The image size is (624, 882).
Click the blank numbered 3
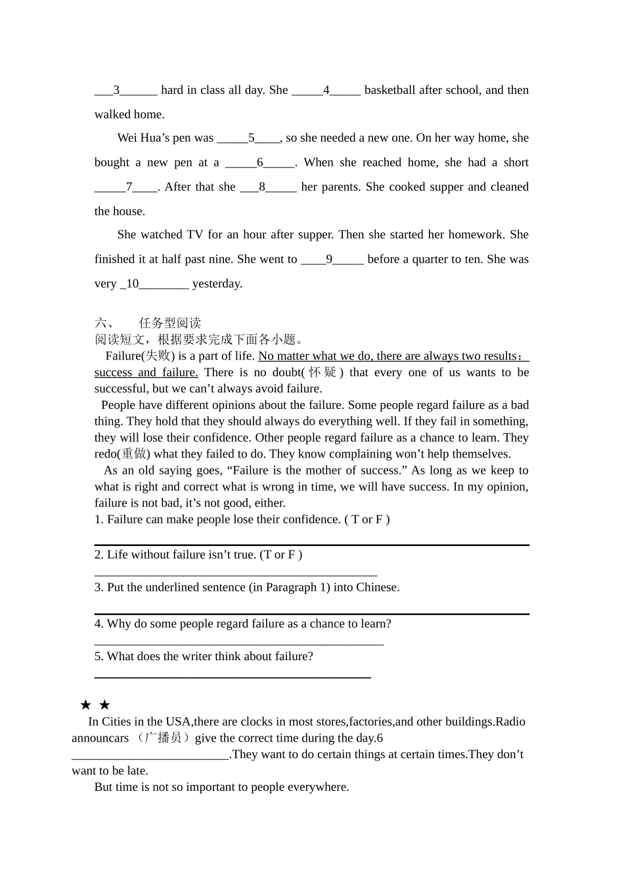(125, 91)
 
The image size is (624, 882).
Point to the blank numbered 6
(260, 163)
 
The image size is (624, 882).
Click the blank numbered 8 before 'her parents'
(268, 187)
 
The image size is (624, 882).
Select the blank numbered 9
(332, 259)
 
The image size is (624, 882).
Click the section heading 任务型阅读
(169, 323)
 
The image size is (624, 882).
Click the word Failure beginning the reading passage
(123, 356)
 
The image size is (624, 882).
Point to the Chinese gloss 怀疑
(322, 372)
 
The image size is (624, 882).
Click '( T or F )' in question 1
(367, 520)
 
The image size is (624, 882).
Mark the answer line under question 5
(233, 677)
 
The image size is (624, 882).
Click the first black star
(85, 705)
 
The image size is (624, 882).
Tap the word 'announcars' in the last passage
(100, 738)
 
